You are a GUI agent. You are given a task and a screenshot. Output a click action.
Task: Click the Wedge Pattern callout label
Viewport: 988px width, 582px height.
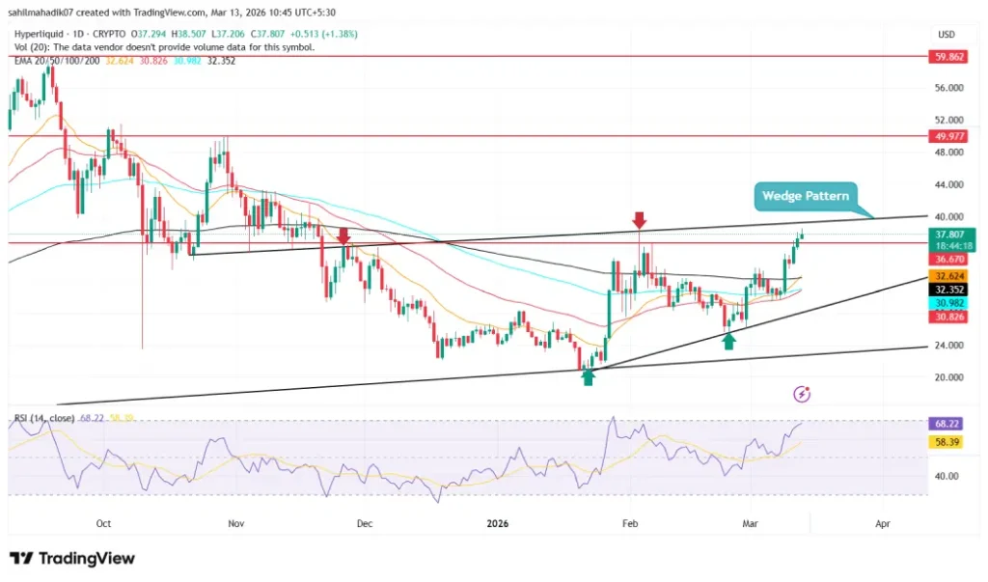click(806, 196)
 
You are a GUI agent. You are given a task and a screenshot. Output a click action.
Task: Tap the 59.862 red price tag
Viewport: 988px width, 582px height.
click(949, 56)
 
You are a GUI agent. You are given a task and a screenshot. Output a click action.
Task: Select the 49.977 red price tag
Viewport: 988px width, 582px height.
click(949, 136)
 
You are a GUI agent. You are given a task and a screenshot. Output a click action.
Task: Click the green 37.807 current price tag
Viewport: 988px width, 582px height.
click(949, 233)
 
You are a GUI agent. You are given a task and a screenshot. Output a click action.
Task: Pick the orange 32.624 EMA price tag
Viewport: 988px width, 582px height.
click(949, 274)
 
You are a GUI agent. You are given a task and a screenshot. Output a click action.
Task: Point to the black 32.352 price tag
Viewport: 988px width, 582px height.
click(949, 289)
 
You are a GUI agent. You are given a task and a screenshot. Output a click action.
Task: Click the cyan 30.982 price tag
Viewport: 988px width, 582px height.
click(949, 303)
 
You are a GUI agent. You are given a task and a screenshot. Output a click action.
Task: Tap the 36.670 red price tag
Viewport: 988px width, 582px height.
click(949, 260)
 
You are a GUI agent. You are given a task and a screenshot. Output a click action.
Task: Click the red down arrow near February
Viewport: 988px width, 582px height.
click(638, 220)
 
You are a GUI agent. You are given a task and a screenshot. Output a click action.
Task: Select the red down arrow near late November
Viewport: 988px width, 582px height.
click(343, 235)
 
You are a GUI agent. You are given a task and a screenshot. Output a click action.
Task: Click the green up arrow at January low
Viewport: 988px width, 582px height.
click(588, 376)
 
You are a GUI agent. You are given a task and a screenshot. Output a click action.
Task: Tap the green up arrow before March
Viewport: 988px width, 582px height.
click(729, 340)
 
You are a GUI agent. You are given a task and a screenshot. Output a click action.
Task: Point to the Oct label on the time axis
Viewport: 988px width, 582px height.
click(103, 523)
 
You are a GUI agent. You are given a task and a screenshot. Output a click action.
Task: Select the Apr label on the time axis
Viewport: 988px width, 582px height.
click(882, 523)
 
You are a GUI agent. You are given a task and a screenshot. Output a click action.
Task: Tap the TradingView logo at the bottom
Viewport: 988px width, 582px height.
click(72, 558)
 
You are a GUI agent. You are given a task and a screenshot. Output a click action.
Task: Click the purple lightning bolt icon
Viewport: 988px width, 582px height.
click(802, 394)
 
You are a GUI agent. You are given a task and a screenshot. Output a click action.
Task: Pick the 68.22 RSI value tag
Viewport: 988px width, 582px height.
click(949, 424)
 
